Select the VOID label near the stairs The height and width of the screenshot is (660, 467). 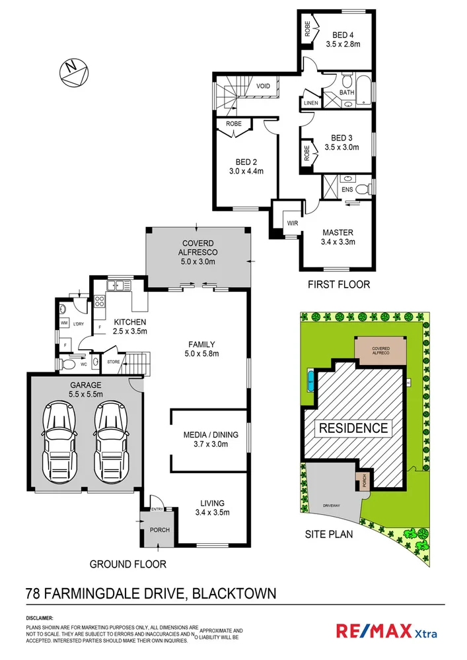[263, 85]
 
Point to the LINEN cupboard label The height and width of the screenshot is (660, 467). [310, 104]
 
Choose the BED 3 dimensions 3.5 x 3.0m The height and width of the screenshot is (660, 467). [341, 148]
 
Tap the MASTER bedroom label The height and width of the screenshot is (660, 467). [338, 232]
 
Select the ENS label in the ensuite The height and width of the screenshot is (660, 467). [347, 190]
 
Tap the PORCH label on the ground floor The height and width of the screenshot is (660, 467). [160, 530]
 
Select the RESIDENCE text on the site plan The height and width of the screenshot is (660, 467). [353, 428]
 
